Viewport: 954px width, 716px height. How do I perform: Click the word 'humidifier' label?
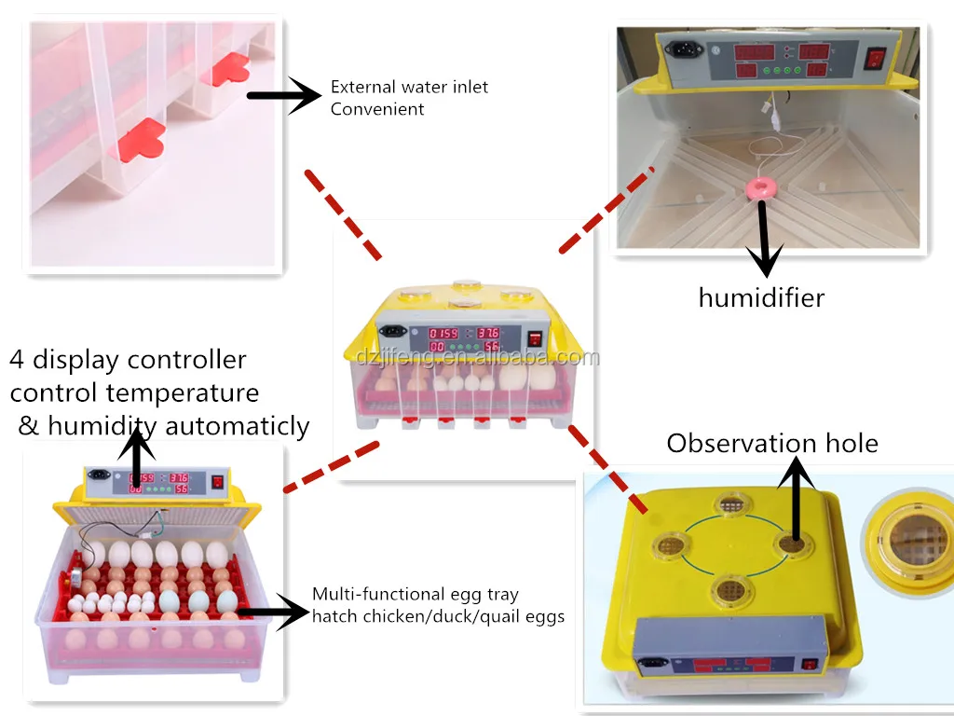[x=761, y=298]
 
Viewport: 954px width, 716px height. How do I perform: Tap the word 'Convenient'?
[x=377, y=109]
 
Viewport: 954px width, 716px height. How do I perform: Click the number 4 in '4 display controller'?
[x=18, y=360]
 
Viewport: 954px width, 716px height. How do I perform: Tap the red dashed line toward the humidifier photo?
[x=606, y=211]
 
